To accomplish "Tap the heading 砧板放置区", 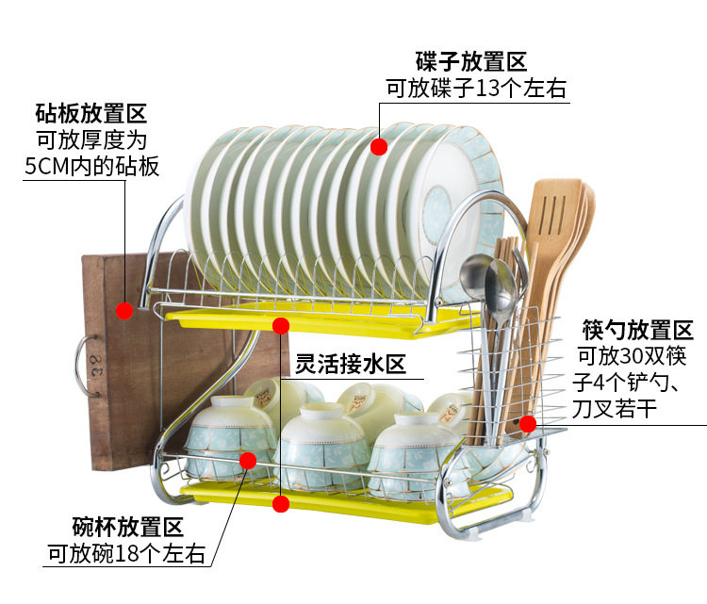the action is [91, 116].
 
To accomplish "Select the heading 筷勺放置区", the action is [637, 331].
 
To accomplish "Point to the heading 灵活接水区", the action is [350, 364].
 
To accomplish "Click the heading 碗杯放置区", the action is [127, 527].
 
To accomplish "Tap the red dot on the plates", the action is [379, 146].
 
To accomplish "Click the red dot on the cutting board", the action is [124, 310].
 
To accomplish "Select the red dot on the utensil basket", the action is [528, 424].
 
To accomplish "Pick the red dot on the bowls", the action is [248, 460].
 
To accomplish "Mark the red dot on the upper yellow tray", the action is [280, 326].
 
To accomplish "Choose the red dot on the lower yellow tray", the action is [280, 503].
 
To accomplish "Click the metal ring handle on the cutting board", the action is [83, 364].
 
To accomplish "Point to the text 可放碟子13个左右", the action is [475, 90].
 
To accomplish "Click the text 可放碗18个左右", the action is [126, 553].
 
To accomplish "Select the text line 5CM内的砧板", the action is [91, 167].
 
